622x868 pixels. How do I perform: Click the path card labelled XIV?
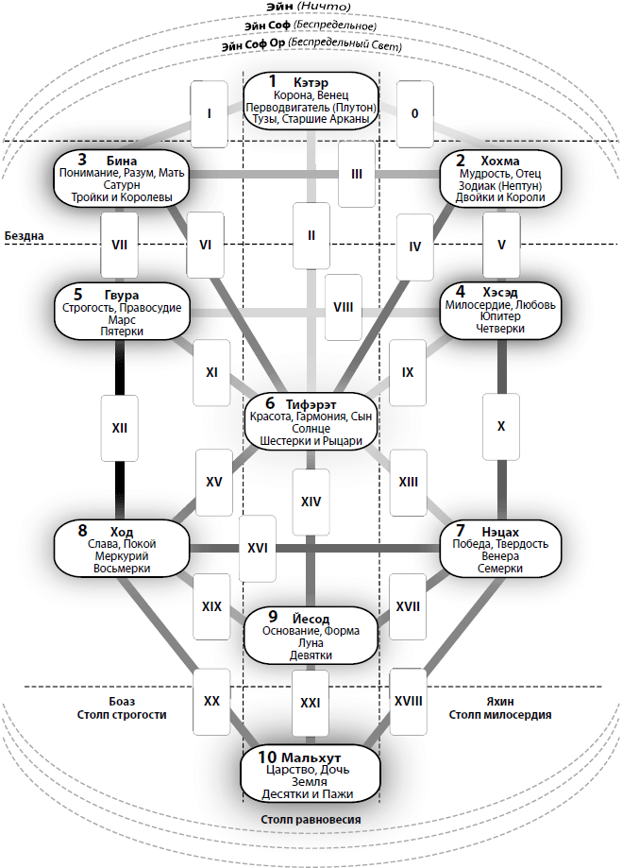pos(311,502)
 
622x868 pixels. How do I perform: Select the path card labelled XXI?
pos(310,703)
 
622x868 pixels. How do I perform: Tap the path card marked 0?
pos(414,113)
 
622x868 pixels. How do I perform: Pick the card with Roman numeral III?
pos(356,174)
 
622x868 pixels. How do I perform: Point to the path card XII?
pos(120,428)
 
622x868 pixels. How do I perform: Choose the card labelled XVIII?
pos(409,701)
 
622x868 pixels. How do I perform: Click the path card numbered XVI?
pos(257,548)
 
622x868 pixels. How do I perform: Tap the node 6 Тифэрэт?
pos(311,420)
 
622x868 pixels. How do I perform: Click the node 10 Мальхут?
pos(311,775)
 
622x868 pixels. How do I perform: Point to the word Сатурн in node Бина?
pos(121,185)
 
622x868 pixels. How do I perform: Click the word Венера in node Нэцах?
pos(499,557)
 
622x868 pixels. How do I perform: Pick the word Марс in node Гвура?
pos(121,319)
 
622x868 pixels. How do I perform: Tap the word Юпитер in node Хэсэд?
pos(499,318)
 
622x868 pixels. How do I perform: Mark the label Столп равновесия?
pos(311,819)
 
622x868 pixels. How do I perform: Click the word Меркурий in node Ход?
pos(121,557)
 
